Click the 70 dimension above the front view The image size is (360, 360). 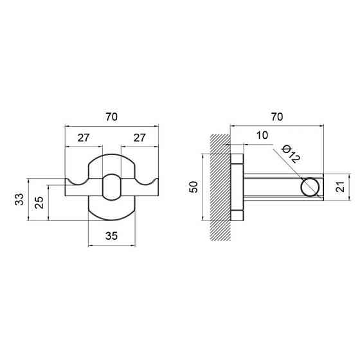[112, 117]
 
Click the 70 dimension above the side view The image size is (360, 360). [277, 117]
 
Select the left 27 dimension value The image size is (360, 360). [83, 138]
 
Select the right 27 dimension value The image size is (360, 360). [139, 138]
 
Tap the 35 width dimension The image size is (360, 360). [112, 236]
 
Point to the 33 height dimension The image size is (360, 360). [19, 199]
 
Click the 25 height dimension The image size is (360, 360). [39, 203]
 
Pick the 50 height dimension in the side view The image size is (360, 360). [193, 187]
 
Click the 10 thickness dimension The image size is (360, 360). [262, 135]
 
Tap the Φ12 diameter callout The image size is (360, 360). [291, 154]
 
